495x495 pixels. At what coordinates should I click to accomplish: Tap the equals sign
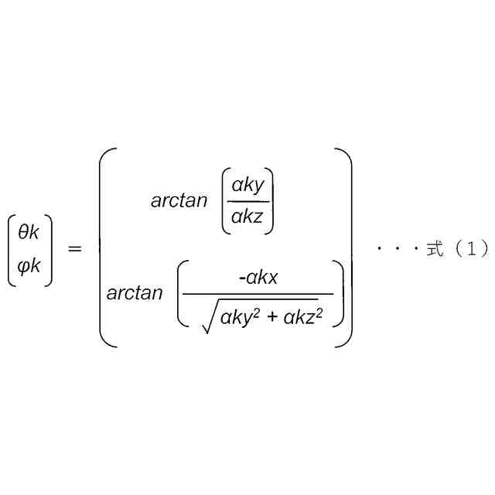(75, 249)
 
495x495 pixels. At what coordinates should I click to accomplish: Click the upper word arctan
(179, 201)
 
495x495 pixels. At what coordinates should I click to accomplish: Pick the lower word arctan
(135, 293)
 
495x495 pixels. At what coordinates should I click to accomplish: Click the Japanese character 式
(435, 249)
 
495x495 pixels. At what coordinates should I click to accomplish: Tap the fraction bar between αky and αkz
(247, 203)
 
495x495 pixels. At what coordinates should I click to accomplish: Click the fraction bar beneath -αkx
(258, 294)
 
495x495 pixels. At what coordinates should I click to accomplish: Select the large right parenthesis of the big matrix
(346, 247)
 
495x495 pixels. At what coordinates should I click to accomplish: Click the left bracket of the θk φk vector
(11, 250)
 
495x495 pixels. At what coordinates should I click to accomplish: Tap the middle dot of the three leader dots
(397, 249)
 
